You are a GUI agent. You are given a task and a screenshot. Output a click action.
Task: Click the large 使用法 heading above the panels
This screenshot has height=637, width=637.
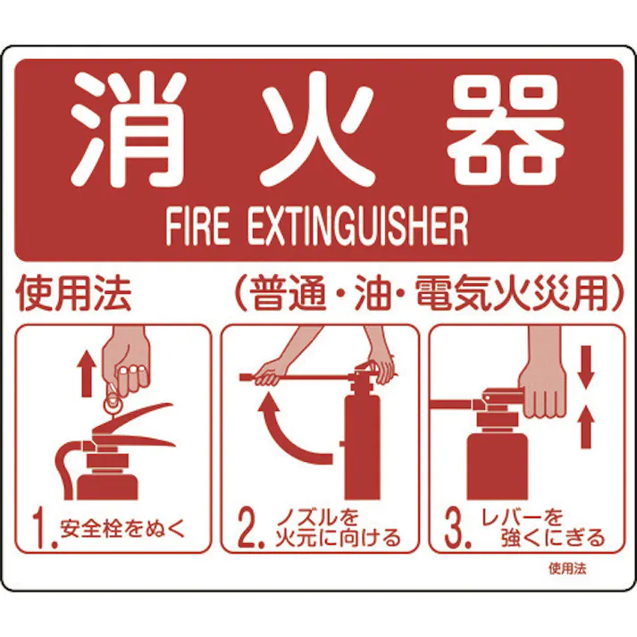click(x=73, y=295)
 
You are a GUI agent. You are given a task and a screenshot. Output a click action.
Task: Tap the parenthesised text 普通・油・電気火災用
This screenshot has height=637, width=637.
click(x=425, y=295)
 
